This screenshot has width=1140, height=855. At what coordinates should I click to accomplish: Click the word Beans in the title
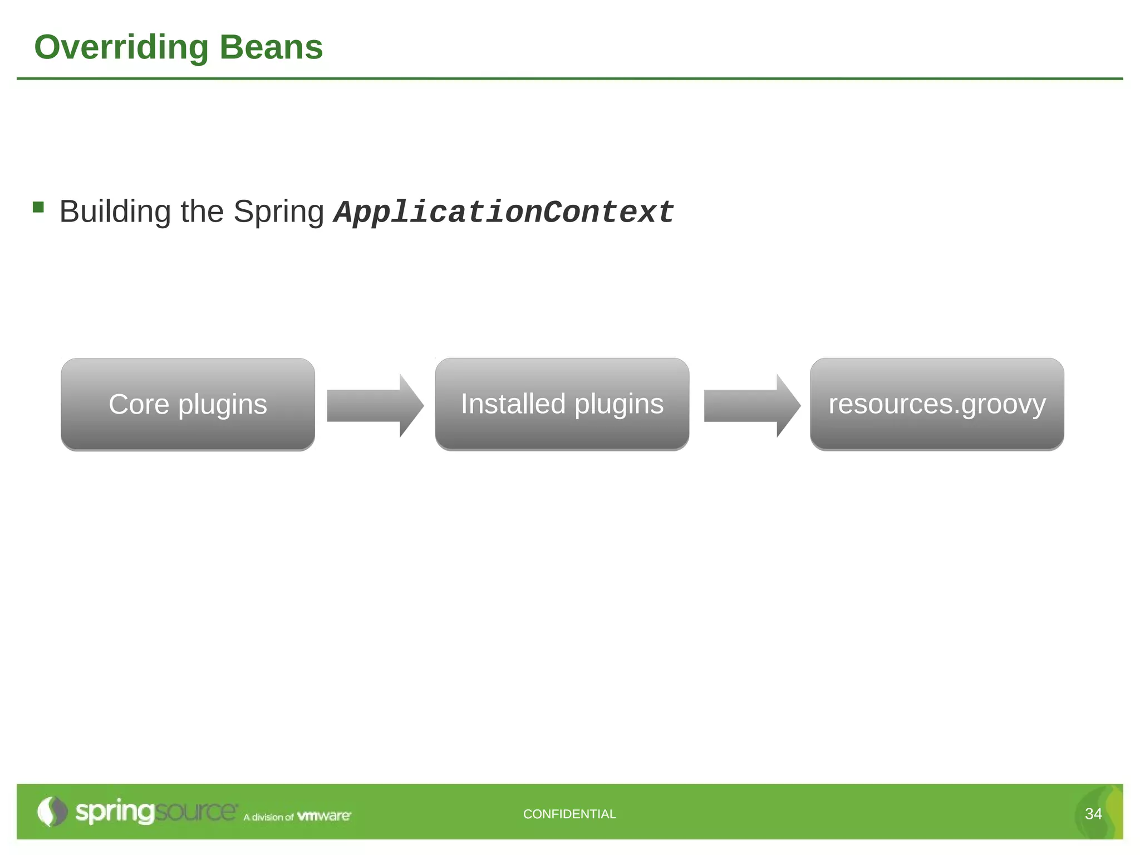[x=271, y=47]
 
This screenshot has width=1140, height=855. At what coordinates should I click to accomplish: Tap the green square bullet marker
[x=38, y=208]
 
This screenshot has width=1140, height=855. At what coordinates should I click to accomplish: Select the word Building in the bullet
[x=115, y=212]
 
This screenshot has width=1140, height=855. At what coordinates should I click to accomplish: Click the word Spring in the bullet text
[x=278, y=212]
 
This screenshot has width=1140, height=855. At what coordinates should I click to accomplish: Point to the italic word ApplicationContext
[x=504, y=212]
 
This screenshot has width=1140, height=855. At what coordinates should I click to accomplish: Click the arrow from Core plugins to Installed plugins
[x=375, y=406]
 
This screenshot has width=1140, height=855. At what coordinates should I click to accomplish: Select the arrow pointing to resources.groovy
[x=751, y=406]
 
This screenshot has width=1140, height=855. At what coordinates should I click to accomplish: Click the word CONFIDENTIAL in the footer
[x=569, y=814]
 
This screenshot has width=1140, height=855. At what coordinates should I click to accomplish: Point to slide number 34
[x=1093, y=814]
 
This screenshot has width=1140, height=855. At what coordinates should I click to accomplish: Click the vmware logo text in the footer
[x=324, y=816]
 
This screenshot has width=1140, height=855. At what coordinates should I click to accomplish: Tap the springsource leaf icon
[x=51, y=812]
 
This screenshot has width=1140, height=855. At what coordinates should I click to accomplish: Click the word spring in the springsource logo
[x=114, y=812]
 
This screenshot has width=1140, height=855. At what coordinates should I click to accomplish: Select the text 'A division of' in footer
[x=268, y=817]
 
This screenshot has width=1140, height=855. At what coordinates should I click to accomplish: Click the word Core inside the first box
[x=139, y=404]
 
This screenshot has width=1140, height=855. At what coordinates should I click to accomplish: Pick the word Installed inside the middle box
[x=513, y=404]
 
